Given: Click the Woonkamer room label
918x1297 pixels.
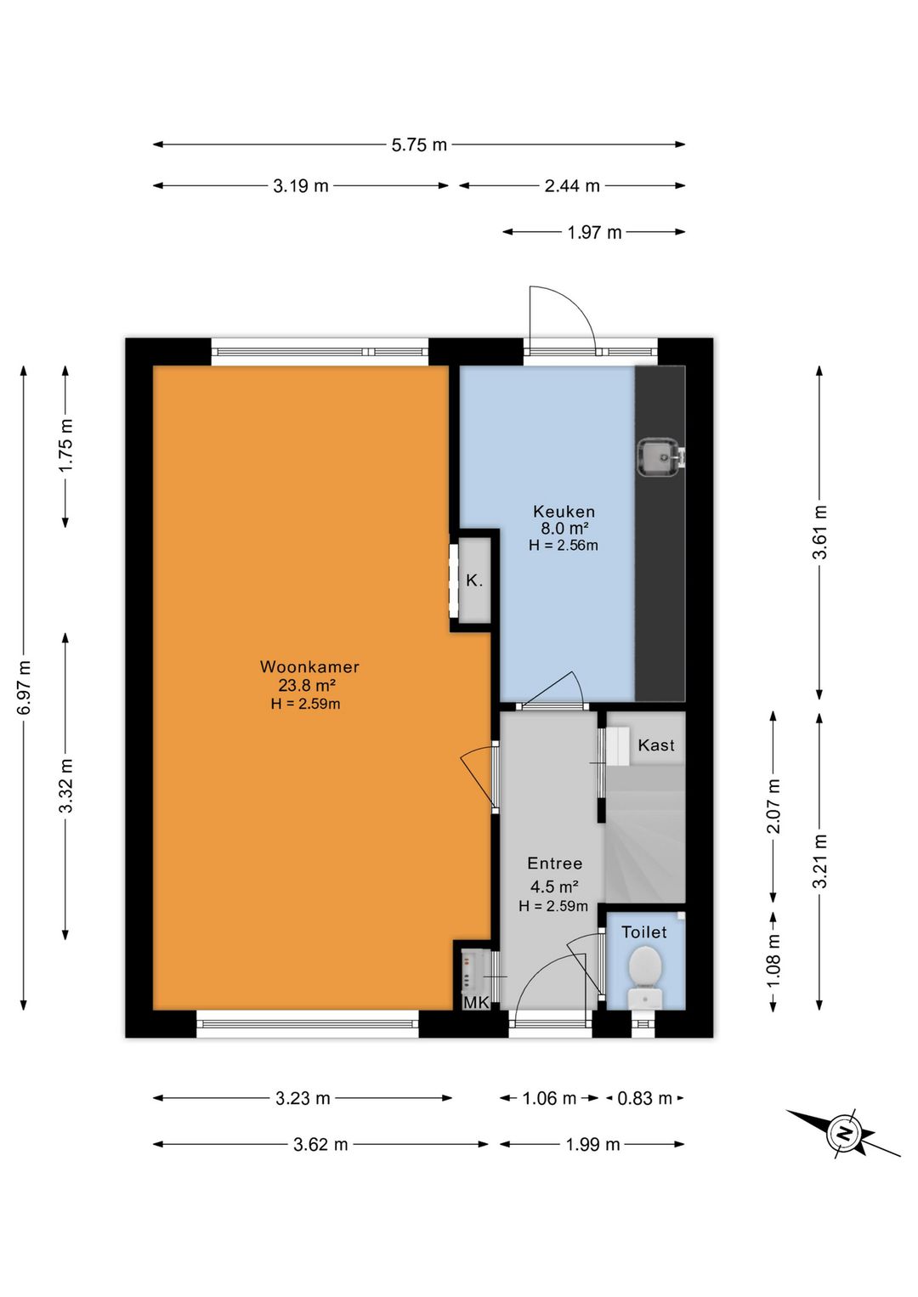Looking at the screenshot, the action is coord(309,666).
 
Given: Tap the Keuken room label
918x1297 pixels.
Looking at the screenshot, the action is coord(564,512).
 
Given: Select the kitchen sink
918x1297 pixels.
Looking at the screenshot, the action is coord(660,457).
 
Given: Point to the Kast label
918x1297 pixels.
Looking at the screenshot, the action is coord(656,745).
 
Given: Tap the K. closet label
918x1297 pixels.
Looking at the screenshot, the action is coord(474,581).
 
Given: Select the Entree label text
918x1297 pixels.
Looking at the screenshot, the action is coord(554,864).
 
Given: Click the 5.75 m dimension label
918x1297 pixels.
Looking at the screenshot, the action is coord(419,144).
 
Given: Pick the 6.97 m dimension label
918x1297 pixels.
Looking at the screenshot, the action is coord(24,687).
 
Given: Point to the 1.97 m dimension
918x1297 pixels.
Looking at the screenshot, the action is coord(593,232).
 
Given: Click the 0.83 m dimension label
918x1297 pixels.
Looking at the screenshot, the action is coord(644,1098).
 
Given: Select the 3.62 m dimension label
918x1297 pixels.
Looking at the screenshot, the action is coord(320,1144).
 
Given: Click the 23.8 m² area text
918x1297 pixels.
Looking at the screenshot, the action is coord(308,686).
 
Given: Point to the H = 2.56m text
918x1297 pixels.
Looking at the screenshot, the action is coord(563,545).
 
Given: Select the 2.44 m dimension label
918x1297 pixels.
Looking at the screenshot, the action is coord(572,186).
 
